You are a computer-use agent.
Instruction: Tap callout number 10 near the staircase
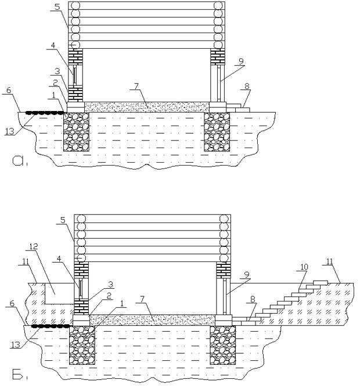pyautogui.click(x=304, y=267)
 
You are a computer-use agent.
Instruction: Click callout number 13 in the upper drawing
pyautogui.click(x=10, y=131)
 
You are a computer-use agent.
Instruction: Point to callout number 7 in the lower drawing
pyautogui.click(x=142, y=299)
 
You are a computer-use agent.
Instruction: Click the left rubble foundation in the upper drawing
pyautogui.click(x=77, y=132)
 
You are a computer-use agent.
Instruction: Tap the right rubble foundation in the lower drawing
pyautogui.click(x=223, y=345)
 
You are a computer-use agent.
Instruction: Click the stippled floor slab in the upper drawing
pyautogui.click(x=147, y=107)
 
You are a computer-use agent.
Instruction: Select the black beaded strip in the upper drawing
pyautogui.click(x=45, y=113)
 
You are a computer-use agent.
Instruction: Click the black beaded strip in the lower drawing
pyautogui.click(x=51, y=326)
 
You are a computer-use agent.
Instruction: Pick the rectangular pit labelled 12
pyautogui.click(x=59, y=293)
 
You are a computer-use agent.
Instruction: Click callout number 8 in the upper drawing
pyautogui.click(x=247, y=87)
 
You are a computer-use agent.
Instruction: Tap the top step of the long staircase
pyautogui.click(x=321, y=282)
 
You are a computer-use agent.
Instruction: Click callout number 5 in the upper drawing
pyautogui.click(x=57, y=7)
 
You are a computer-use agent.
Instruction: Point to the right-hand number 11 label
pyautogui.click(x=330, y=261)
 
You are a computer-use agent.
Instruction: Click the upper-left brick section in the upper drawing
pyautogui.click(x=75, y=56)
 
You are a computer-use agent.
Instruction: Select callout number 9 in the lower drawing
pyautogui.click(x=247, y=275)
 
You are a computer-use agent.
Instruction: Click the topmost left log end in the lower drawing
pyautogui.click(x=81, y=218)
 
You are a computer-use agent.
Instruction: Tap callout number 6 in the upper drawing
pyautogui.click(x=9, y=90)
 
